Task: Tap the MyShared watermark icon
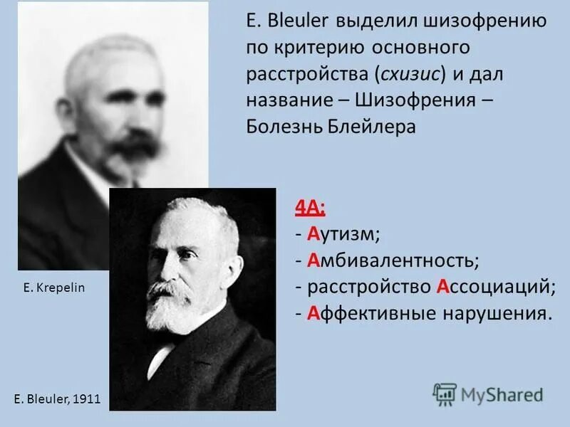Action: click(x=445, y=394)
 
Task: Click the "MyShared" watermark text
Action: click(x=502, y=394)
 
